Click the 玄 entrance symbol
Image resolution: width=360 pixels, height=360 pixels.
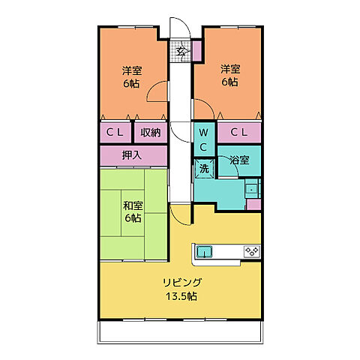coord(181,52)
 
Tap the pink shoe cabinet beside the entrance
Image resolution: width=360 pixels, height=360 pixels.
coord(196,52)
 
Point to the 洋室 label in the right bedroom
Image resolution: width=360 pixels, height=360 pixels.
coord(230,70)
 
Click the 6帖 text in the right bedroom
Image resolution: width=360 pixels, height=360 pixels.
coord(230,82)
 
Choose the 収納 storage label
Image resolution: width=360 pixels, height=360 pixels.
coord(150,133)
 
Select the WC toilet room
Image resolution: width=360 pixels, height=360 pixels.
coord(204,138)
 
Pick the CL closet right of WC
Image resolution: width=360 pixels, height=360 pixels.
coord(238,133)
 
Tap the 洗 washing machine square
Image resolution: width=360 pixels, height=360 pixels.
coord(204,169)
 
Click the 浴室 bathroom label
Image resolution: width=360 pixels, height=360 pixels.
coord(239,160)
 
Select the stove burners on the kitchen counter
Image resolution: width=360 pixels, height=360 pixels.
coord(251,251)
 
